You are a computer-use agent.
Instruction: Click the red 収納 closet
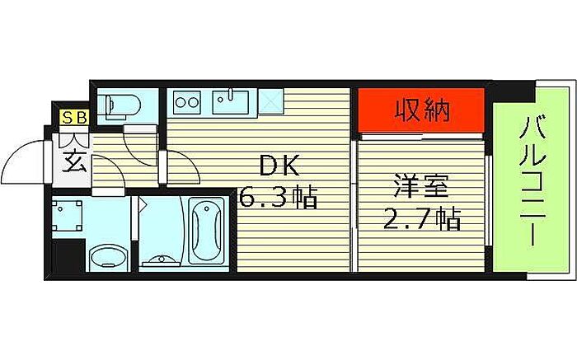(x=420, y=110)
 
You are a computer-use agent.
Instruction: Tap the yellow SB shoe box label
(x=75, y=118)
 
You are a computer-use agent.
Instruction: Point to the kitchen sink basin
(x=231, y=102)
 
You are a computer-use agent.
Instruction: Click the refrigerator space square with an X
(x=270, y=101)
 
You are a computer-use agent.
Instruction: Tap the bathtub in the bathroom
(x=206, y=231)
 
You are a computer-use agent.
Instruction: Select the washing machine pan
(x=67, y=216)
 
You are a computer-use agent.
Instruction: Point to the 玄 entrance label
(x=74, y=161)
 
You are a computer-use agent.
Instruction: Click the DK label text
(x=279, y=166)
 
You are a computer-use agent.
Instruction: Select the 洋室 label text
(x=421, y=187)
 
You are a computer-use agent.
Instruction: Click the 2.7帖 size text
(x=422, y=218)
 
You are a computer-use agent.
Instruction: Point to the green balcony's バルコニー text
(x=532, y=180)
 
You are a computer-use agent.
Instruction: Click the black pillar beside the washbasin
(x=68, y=256)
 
